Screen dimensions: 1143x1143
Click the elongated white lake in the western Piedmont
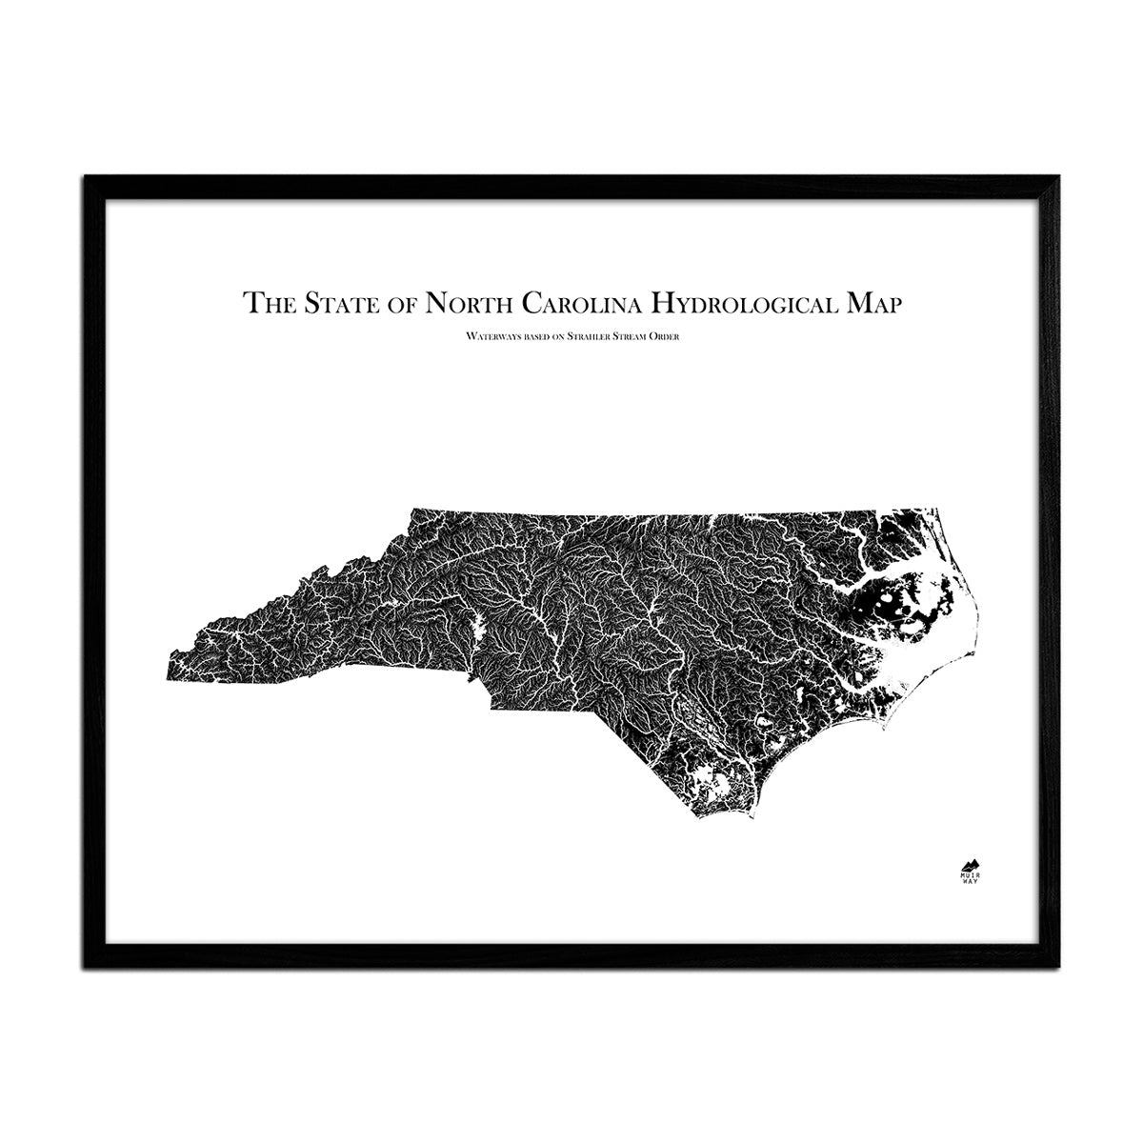[480, 628]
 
